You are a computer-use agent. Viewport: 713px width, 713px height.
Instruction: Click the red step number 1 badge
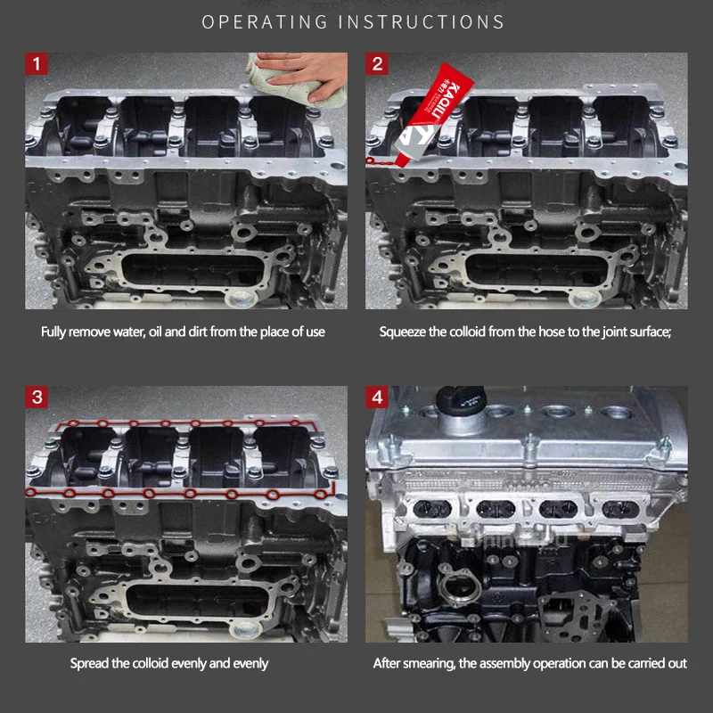pos(37,63)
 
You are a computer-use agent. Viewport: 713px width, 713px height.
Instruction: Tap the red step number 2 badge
pos(377,63)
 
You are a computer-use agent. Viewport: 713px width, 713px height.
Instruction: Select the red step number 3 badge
pos(37,397)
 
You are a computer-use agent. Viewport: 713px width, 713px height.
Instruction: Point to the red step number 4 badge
pos(377,397)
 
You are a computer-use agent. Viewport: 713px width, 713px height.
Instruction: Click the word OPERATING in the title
pos(265,21)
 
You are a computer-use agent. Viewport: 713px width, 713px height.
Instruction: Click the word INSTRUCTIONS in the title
pos(422,21)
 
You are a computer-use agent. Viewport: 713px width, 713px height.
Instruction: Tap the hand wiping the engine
pos(304,75)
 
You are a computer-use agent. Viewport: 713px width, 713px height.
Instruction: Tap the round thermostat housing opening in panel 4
pos(459,591)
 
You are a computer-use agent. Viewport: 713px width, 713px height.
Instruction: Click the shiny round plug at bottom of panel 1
pos(241,299)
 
